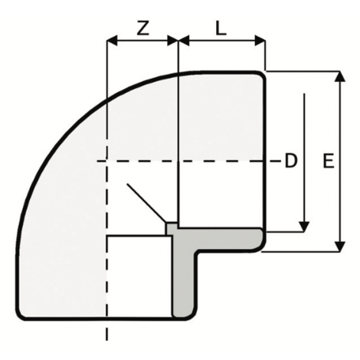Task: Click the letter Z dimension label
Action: (142, 28)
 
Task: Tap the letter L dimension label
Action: (221, 28)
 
